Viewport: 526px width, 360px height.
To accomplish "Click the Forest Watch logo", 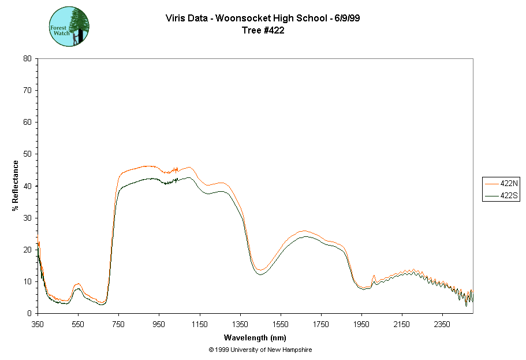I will coord(69,27).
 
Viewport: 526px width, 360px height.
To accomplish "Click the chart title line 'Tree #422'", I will coord(263,31).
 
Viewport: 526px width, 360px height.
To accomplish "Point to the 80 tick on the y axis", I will coord(27,58).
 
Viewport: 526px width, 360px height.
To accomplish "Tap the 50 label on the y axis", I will coord(27,154).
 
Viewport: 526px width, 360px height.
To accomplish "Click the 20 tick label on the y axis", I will coord(27,250).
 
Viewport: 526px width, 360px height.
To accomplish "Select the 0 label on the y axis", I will coord(29,313).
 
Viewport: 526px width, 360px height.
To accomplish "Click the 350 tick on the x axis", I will coord(38,324).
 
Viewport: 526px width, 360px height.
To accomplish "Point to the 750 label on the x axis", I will coord(118,324).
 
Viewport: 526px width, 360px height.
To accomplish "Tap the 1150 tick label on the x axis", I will coord(199,324).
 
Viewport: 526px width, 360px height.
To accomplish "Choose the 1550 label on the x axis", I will coord(281,324).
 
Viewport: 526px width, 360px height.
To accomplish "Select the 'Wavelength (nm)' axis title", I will coord(255,337).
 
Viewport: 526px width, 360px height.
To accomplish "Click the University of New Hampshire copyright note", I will coord(260,350).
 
